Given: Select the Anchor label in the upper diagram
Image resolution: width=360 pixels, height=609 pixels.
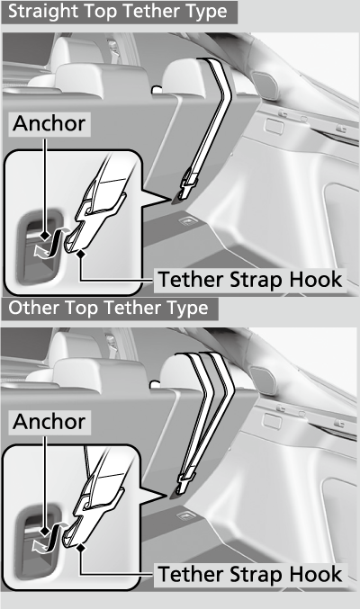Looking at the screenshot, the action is [x=49, y=124].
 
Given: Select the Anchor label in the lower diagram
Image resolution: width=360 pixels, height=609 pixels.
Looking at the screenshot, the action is [x=49, y=422].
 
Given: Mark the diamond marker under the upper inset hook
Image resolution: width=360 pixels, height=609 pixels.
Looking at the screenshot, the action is [x=81, y=254].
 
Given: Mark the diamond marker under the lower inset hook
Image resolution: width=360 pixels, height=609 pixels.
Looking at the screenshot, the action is [x=81, y=548].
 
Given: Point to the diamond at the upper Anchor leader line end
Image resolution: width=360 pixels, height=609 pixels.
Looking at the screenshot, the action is [x=45, y=235].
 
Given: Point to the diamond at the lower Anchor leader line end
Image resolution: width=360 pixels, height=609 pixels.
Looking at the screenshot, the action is [x=45, y=531].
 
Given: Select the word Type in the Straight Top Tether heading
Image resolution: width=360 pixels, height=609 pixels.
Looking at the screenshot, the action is [x=208, y=12].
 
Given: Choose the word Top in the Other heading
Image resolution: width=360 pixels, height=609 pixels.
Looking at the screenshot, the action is [x=80, y=309].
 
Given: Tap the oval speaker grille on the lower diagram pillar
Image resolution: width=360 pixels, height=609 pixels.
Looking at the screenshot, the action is [x=263, y=381].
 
